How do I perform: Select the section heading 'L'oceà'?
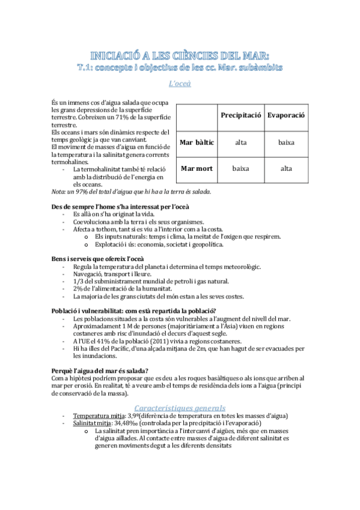tap(180, 84)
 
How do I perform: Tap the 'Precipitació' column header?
tap(240, 114)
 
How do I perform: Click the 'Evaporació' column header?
tap(286, 114)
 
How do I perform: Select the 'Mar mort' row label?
tap(197, 169)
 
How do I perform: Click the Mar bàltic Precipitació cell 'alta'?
tap(240, 143)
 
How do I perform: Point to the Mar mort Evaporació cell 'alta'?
tap(286, 169)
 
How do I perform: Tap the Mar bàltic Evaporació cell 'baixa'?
tap(286, 143)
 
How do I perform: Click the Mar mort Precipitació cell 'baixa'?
tap(240, 169)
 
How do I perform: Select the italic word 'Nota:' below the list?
tap(59, 191)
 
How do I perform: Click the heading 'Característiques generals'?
tap(180, 407)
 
